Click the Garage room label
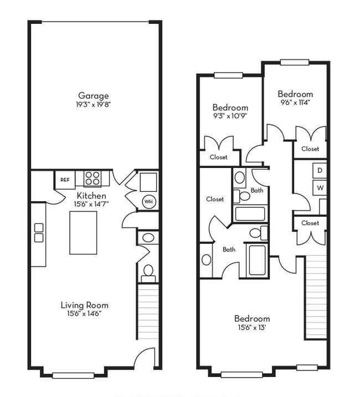point(94,96)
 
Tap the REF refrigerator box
point(65,180)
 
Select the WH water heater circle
point(149,202)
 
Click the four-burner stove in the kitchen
point(92,178)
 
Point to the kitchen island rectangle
point(83,233)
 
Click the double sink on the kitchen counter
point(39,233)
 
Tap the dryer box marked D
point(320,170)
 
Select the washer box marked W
point(320,188)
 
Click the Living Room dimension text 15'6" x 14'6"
point(84,313)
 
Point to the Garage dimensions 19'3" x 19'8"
point(94,104)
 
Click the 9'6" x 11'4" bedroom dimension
point(295,102)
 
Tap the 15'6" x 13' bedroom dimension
point(252,327)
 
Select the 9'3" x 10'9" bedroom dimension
point(230,116)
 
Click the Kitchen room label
point(91,196)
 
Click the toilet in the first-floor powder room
point(148,273)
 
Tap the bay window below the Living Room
point(73,375)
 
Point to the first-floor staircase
point(148,312)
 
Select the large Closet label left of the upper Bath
point(215,199)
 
